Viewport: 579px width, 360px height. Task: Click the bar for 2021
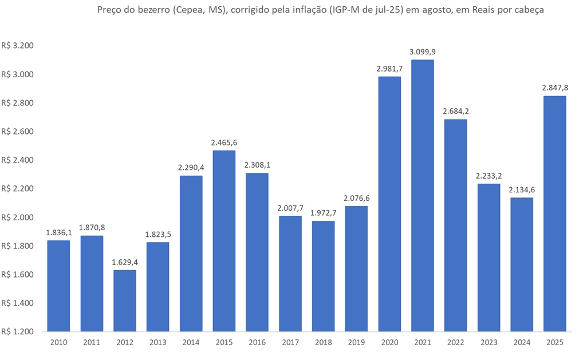click(422, 195)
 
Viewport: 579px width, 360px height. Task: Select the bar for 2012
click(125, 300)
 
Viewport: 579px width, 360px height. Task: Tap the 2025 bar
click(554, 213)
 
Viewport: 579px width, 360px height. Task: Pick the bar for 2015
click(224, 240)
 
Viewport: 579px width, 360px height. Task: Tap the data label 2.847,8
click(554, 88)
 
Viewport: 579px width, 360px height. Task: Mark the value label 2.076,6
click(356, 198)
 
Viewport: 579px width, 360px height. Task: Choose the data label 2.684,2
click(455, 111)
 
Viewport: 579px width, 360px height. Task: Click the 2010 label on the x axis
click(58, 342)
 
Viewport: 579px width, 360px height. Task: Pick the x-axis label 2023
click(489, 342)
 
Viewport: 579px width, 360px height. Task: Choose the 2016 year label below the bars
click(257, 342)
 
